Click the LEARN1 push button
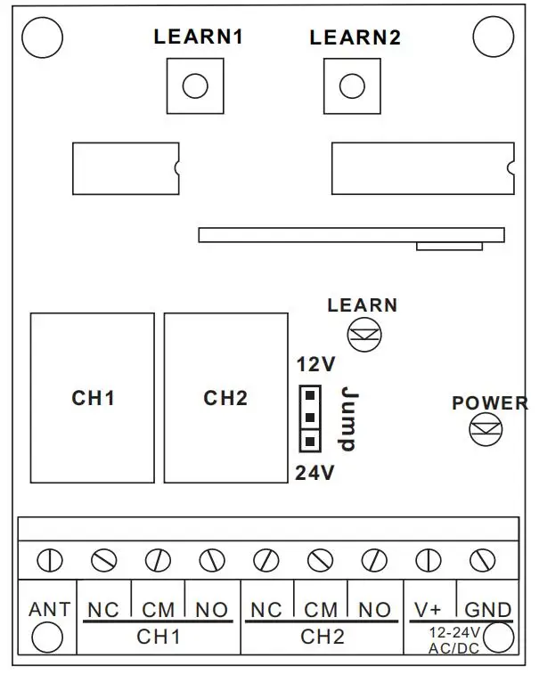pyautogui.click(x=194, y=86)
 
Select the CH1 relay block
pyautogui.click(x=93, y=397)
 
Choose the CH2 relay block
pyautogui.click(x=225, y=397)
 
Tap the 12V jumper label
pyautogui.click(x=315, y=365)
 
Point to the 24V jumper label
pyautogui.click(x=314, y=473)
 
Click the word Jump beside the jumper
pyautogui.click(x=349, y=418)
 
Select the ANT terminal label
pyautogui.click(x=49, y=610)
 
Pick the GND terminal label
pyautogui.click(x=488, y=610)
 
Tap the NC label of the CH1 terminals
pyautogui.click(x=104, y=610)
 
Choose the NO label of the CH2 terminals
pyautogui.click(x=374, y=610)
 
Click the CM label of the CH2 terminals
pyautogui.click(x=321, y=610)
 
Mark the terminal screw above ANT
pyautogui.click(x=49, y=561)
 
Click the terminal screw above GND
pyautogui.click(x=482, y=561)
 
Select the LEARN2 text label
pyautogui.click(x=355, y=38)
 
